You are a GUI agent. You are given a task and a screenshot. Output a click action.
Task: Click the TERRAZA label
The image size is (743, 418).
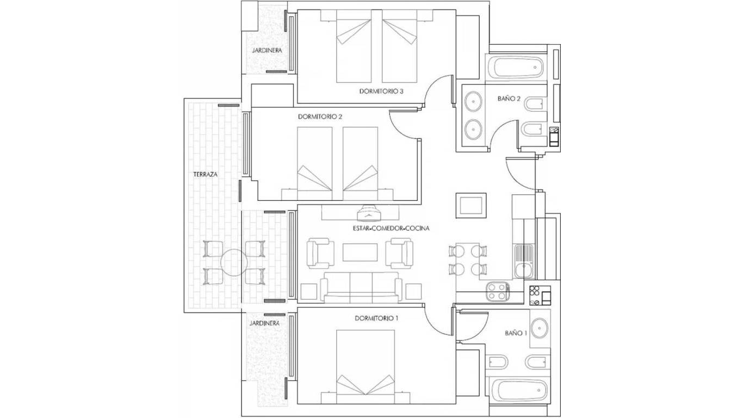click(x=205, y=175)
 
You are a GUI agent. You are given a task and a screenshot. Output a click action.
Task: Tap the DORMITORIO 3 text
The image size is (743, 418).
click(x=381, y=91)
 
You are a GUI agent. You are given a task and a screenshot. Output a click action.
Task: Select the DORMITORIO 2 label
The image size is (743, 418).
click(x=320, y=116)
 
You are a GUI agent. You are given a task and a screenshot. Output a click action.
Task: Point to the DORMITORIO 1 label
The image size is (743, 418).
click(x=376, y=318)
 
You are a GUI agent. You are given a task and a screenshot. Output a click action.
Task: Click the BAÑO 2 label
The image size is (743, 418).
click(x=509, y=99)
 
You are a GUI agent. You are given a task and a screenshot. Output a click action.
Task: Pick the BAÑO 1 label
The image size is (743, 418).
click(x=516, y=333)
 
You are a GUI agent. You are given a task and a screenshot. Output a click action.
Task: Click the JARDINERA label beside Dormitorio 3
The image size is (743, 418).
click(x=267, y=50)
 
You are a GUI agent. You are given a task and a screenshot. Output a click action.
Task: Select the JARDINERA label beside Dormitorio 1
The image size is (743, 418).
click(x=264, y=323)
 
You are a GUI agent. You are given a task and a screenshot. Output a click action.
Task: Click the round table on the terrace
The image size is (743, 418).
click(x=234, y=263)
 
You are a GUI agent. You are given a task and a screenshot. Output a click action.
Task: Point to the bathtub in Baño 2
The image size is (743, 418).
click(x=516, y=68)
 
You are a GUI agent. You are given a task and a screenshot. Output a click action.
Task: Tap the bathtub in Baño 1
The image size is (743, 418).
click(x=518, y=390)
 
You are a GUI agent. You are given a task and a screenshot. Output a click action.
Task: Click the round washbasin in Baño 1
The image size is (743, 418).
click(x=541, y=328)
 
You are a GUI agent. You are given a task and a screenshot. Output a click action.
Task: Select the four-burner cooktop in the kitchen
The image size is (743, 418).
click(x=497, y=291)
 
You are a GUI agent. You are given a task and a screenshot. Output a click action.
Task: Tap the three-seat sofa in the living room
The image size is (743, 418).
click(x=361, y=287)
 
